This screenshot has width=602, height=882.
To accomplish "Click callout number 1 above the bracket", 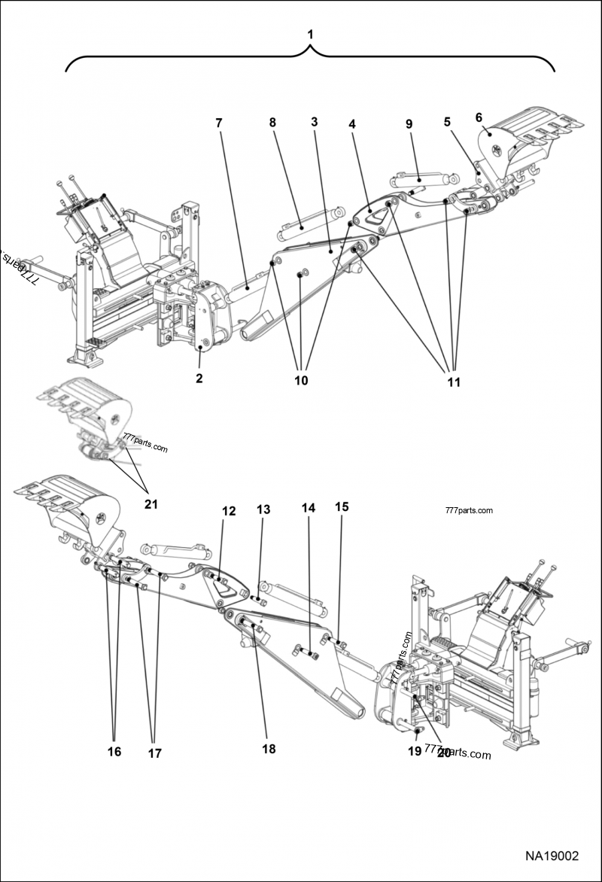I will pos(309,35).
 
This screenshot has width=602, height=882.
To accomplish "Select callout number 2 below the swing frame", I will pos(199,379).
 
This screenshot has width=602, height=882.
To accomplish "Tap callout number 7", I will pos(219,123).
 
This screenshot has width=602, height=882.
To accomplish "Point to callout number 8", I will pos(272,123).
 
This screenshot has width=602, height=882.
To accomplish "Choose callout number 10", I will pos(301,381).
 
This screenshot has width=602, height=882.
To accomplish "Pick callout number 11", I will pos(453,382).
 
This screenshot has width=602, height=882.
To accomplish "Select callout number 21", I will pos(151,503).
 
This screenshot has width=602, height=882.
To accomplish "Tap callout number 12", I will pos(229,511).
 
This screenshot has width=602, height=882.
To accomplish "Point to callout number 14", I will pos(309,508).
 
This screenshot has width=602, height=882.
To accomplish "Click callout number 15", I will pos(342,506).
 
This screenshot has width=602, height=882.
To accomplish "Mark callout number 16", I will pos(114,751).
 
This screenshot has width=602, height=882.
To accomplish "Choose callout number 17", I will pos(154,753).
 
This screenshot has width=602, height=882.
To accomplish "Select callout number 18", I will pos(269,749).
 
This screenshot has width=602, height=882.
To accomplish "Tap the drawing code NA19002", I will pos(552,856).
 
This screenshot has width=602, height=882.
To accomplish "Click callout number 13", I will pos(263,509).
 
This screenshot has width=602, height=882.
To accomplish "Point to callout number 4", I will pos(351,122).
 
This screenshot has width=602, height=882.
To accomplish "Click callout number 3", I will pos(314,122).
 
